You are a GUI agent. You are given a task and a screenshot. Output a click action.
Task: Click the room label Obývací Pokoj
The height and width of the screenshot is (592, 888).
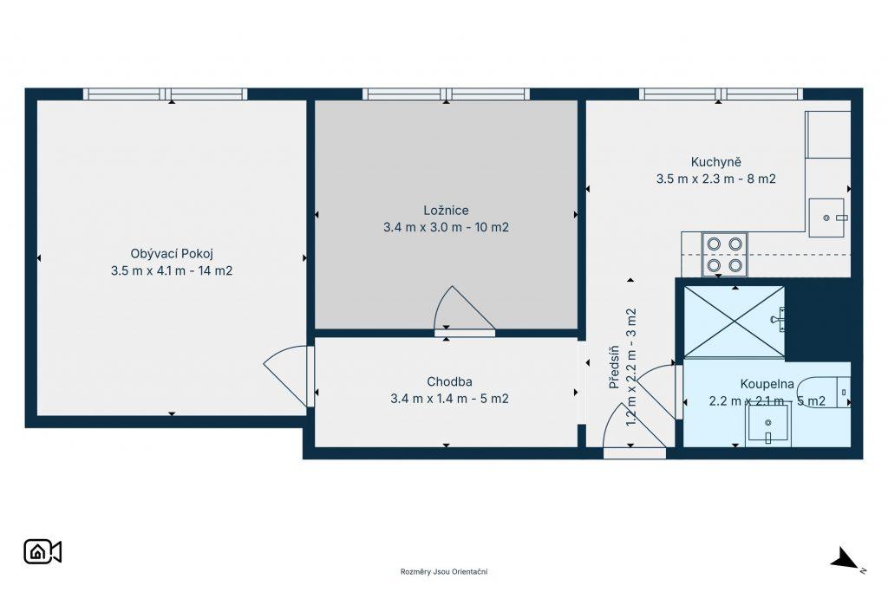[172, 254]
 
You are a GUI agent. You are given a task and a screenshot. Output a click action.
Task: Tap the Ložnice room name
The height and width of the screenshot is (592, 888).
[447, 211]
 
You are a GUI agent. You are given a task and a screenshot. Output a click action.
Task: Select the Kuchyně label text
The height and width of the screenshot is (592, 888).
[715, 162]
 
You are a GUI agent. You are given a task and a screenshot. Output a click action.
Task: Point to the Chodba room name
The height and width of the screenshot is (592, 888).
[450, 382]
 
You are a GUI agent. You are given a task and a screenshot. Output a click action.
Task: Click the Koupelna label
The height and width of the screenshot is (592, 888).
[767, 384]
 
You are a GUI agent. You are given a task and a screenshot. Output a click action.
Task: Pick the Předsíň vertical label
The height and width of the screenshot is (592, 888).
[614, 368]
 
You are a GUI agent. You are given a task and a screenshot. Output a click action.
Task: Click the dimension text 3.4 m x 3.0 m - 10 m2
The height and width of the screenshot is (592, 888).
[447, 227]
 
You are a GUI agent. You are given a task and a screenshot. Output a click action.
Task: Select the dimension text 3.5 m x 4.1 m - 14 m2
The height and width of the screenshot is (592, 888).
[172, 270]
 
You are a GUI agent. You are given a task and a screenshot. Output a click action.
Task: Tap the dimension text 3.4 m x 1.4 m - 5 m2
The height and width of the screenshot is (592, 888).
[450, 399]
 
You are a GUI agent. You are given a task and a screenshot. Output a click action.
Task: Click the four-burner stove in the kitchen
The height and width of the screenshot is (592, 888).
[724, 255]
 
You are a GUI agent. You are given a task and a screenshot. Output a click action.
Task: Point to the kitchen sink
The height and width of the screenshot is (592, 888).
[826, 218]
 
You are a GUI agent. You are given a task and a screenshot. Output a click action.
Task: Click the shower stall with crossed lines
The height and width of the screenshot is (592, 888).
[735, 322]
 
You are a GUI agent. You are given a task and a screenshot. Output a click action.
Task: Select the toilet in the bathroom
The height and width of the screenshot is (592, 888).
[824, 392]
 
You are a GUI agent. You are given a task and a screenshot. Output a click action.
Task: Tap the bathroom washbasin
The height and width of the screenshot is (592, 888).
[768, 426]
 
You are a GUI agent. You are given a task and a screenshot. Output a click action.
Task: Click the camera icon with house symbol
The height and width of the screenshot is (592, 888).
[42, 552]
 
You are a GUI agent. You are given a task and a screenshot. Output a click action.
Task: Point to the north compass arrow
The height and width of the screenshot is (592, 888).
[845, 558]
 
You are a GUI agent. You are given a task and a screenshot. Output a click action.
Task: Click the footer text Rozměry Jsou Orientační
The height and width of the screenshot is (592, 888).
[444, 571]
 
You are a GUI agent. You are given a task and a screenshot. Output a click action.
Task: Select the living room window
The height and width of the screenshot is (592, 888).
[166, 94]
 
